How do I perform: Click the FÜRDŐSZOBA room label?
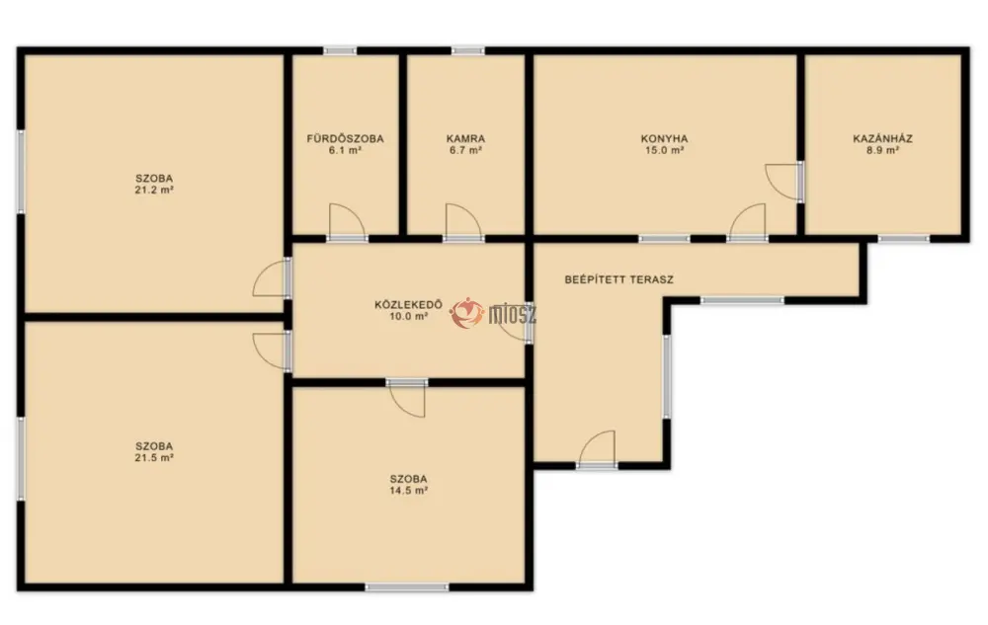(345, 138)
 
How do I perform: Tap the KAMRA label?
(465, 138)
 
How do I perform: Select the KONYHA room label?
(664, 138)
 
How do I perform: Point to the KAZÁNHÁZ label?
(882, 138)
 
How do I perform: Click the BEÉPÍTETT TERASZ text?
(618, 279)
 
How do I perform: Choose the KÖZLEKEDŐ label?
(408, 305)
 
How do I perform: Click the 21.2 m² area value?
(154, 190)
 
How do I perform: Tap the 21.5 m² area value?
(154, 457)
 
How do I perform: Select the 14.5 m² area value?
(408, 490)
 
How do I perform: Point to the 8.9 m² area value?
(882, 150)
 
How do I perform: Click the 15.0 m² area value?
(664, 150)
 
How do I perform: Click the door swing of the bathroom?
(347, 221)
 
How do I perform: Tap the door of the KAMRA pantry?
(463, 221)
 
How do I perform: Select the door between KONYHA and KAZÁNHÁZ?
(783, 182)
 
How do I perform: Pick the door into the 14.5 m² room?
(407, 399)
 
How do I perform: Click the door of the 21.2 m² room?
(272, 277)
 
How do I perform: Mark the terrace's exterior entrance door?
(597, 449)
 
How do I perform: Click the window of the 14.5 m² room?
(407, 587)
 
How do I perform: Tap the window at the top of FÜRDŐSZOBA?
(340, 51)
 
